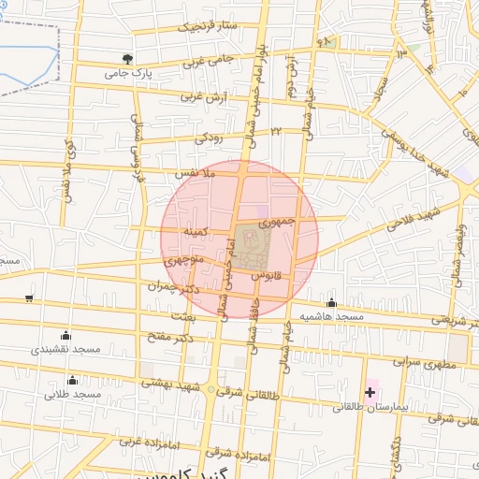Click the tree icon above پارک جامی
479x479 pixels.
tap(140, 58)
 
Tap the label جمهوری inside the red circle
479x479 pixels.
tap(277, 223)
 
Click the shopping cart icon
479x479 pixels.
tap(30, 298)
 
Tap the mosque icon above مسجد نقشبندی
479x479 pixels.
tap(65, 335)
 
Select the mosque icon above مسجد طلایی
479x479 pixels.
tap(73, 379)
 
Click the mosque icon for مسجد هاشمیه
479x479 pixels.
tap(331, 301)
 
